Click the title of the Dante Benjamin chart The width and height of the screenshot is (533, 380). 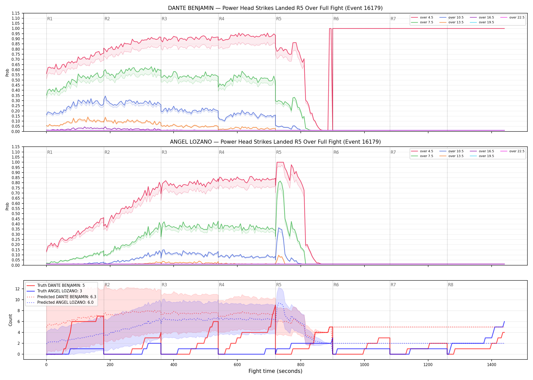pos(275,8)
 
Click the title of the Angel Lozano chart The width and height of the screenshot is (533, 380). pos(275,142)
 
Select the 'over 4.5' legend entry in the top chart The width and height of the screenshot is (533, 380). pos(422,17)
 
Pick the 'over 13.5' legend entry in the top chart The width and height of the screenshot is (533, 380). pos(452,22)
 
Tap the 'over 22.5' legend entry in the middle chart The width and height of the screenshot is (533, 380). pos(512,151)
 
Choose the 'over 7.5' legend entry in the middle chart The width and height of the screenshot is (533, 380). pos(422,156)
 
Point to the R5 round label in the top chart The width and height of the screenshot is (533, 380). pos(279,19)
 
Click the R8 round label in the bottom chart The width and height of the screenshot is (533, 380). pos(451,285)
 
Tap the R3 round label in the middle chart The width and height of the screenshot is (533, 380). pos(164,152)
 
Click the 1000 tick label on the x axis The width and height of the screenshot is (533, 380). pos(364,365)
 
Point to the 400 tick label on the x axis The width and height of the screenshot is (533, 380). pos(174,365)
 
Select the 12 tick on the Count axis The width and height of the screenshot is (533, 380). pos(18,289)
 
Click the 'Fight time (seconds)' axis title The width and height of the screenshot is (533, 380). pos(275,371)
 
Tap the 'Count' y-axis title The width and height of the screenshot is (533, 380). pos(10,320)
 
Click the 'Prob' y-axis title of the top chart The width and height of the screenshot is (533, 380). pos(7,72)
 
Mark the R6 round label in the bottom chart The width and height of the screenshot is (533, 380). pos(336,285)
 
